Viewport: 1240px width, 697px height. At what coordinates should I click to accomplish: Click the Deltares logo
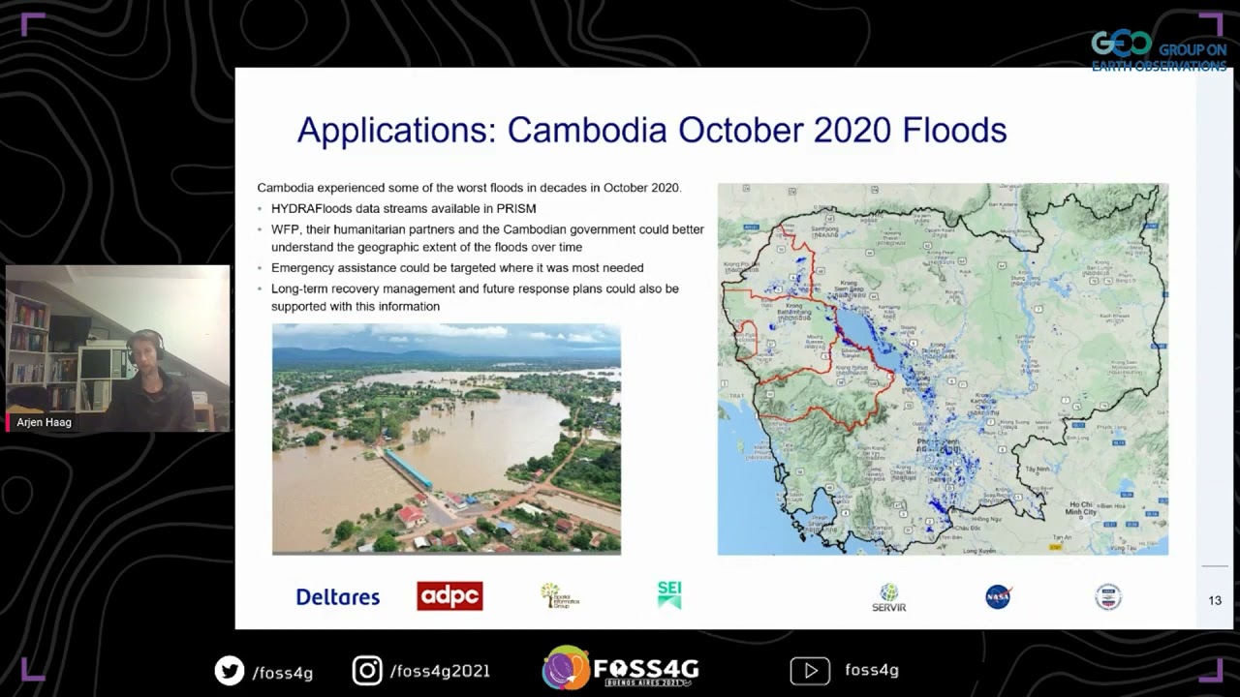pos(337,596)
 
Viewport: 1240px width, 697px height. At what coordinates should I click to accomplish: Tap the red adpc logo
pos(449,596)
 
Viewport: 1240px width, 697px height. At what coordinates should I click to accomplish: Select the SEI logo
pos(669,594)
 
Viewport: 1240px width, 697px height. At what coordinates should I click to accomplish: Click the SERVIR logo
pos(888,597)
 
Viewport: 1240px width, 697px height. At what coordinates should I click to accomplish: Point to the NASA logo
pos(998,596)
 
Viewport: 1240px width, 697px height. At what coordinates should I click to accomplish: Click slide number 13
pos(1215,600)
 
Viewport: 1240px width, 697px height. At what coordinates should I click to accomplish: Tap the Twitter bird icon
pos(230,671)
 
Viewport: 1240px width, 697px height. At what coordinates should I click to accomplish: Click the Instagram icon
pos(367,671)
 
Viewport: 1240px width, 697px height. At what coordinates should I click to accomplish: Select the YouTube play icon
pos(810,670)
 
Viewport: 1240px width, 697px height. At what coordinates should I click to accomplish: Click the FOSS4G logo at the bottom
pos(620,668)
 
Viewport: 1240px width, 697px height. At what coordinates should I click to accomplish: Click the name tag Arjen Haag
pos(45,422)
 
